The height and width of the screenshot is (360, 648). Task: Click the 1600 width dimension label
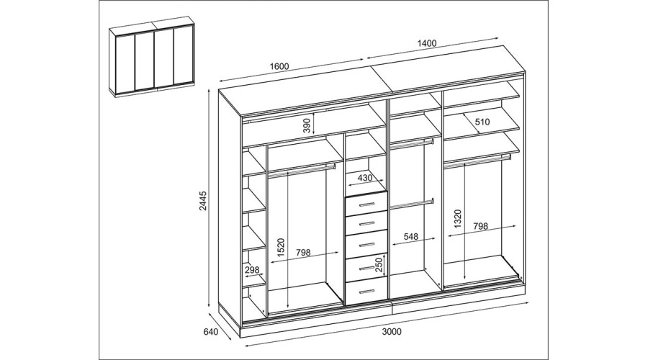point(279,66)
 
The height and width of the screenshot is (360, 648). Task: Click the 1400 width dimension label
point(427,43)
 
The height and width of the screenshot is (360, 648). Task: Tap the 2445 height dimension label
point(203,201)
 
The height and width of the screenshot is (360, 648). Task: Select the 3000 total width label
point(392,331)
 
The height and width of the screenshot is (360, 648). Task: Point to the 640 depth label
point(211,331)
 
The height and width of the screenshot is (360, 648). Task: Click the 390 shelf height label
point(307,125)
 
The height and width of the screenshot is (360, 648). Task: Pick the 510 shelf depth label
point(482,122)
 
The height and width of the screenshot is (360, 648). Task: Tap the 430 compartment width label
point(364,178)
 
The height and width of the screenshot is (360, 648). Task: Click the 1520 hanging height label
point(281,248)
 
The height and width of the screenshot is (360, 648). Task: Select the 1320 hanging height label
point(457,219)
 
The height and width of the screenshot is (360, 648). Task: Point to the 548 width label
point(411,236)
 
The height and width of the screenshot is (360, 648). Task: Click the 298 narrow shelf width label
point(252,270)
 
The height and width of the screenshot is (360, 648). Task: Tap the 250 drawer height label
point(379,265)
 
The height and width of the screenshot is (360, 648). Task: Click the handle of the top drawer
point(366,204)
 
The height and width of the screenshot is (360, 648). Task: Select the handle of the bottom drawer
point(366,292)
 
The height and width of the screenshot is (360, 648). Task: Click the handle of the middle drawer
point(366,245)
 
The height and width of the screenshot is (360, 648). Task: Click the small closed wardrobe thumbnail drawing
point(152,57)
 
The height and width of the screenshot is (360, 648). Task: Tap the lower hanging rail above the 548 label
point(412,204)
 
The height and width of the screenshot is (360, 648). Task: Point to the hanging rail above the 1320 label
point(477,161)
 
